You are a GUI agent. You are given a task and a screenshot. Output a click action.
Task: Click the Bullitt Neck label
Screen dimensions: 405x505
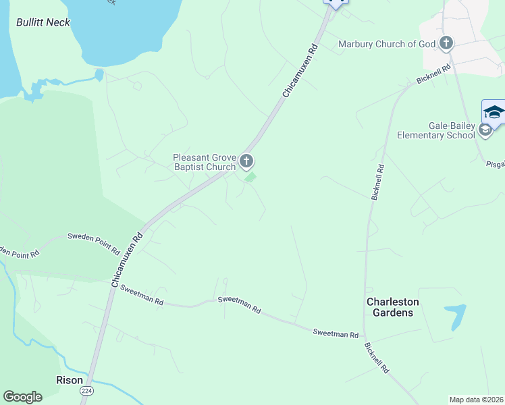(43, 22)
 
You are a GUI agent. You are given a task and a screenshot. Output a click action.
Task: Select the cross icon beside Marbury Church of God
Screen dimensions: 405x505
(446, 44)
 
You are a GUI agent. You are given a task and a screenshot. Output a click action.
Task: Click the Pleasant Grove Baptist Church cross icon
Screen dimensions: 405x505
(246, 161)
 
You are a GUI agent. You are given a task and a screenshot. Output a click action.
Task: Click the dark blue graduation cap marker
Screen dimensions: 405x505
(494, 112)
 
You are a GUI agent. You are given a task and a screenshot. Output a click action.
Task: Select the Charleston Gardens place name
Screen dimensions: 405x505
(393, 307)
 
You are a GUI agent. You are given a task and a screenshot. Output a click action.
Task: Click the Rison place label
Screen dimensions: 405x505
(69, 380)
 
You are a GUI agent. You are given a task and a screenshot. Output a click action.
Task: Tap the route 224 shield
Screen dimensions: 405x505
(86, 391)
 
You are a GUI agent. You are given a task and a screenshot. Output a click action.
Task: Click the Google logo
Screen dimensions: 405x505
(23, 397)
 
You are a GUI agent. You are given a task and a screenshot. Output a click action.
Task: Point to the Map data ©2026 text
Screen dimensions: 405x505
(476, 399)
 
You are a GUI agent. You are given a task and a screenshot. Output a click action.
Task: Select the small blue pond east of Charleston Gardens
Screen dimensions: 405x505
(456, 315)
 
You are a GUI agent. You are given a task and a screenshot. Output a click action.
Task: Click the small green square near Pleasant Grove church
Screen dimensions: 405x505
(250, 178)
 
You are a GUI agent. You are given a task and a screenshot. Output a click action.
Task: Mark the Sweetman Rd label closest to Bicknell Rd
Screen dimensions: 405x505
(336, 333)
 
